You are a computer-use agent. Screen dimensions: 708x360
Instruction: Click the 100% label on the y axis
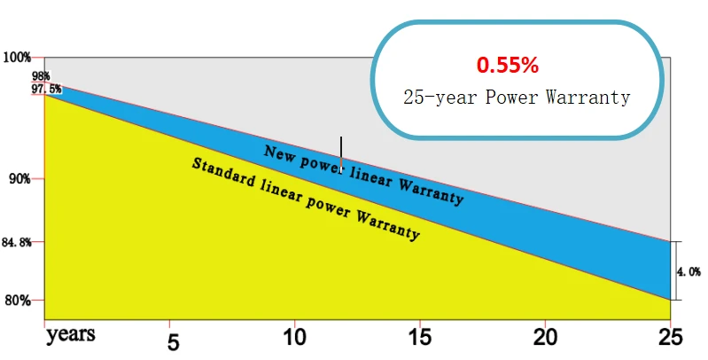click(17, 58)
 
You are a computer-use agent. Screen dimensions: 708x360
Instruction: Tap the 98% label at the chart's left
click(41, 76)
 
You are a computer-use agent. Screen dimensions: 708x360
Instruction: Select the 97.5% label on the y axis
click(46, 89)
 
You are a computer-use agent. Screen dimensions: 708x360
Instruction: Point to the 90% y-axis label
click(20, 179)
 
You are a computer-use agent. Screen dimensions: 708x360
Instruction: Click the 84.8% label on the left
click(17, 243)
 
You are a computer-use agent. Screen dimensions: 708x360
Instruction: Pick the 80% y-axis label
click(18, 301)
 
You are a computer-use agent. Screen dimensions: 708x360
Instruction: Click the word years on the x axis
click(70, 335)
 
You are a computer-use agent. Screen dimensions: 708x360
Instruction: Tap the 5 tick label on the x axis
click(174, 343)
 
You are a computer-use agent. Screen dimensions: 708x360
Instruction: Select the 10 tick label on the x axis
click(294, 338)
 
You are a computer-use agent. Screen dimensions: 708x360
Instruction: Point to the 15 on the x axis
click(419, 338)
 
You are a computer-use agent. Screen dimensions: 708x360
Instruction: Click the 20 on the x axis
click(545, 338)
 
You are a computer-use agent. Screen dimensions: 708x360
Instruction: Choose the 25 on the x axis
click(670, 338)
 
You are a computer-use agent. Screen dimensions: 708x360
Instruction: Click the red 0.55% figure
click(508, 65)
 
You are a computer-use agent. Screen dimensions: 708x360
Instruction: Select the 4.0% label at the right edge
click(689, 271)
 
